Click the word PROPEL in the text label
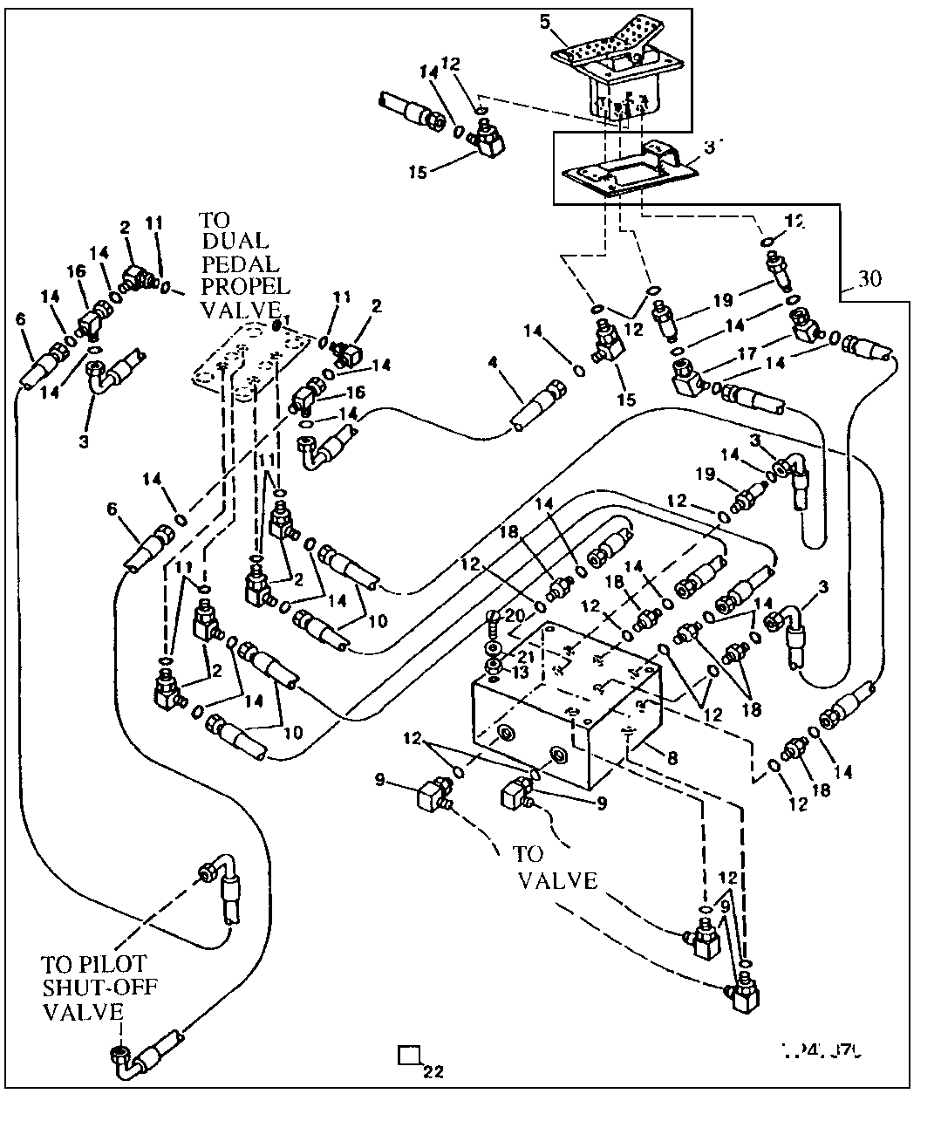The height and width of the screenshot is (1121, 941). tap(245, 286)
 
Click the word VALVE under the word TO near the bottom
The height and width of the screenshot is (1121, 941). tap(557, 880)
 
